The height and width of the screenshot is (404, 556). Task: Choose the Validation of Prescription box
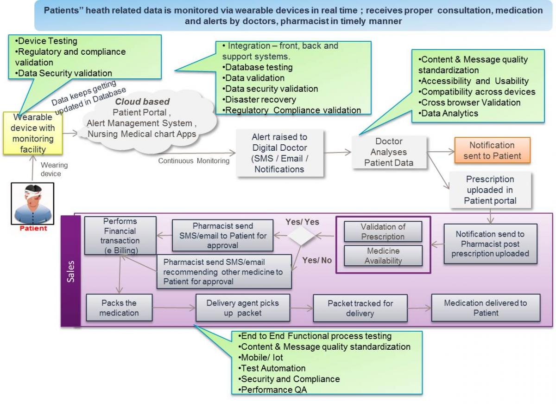pyautogui.click(x=382, y=231)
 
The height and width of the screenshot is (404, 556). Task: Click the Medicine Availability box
pyautogui.click(x=382, y=255)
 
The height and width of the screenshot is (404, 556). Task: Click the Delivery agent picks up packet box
pyautogui.click(x=243, y=308)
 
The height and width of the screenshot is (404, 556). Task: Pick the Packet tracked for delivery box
pyautogui.click(x=360, y=308)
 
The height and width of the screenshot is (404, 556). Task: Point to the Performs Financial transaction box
pyautogui.click(x=120, y=234)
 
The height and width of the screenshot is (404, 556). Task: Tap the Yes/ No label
pyautogui.click(x=317, y=260)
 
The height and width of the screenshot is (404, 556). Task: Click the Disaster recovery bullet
pyautogui.click(x=259, y=99)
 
